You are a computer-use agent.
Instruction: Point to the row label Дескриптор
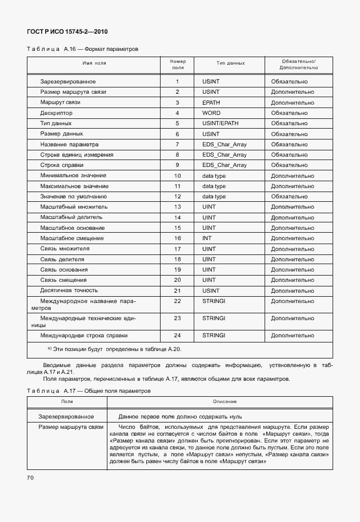point(56,113)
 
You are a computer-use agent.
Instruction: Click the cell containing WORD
point(211,113)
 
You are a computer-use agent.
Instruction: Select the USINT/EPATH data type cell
point(220,123)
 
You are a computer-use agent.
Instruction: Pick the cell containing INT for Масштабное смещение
point(207,238)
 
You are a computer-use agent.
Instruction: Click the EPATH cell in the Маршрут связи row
point(211,102)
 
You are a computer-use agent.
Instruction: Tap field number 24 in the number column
point(177,335)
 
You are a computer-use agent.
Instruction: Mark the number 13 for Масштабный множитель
point(177,206)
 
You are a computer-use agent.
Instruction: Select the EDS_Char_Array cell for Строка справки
point(224,165)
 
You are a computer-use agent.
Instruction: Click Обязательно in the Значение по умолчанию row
point(289,196)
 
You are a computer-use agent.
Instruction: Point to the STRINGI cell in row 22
point(214,301)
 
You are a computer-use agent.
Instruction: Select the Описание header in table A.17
point(221,402)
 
